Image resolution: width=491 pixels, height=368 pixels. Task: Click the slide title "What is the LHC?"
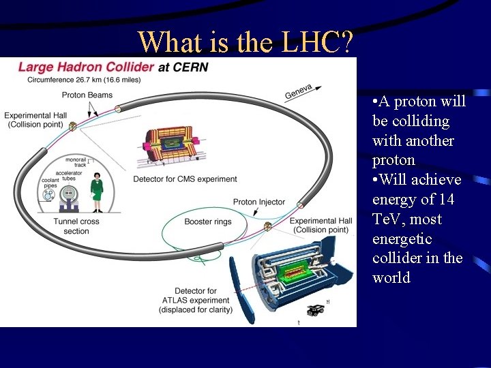point(245,42)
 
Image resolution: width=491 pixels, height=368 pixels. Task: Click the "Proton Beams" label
point(87,95)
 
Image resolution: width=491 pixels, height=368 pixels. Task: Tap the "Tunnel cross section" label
point(76,226)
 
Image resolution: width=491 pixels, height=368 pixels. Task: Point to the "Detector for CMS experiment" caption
point(185,179)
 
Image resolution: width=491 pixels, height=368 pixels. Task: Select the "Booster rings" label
point(208,221)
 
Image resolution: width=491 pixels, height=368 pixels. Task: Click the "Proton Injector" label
point(259,202)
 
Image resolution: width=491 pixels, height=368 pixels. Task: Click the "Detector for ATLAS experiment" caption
point(196,301)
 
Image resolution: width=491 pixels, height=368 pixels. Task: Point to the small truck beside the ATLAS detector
point(314,310)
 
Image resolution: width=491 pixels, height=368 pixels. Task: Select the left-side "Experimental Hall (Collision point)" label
point(34,119)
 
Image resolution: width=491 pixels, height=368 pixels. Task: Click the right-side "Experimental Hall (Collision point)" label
point(321,225)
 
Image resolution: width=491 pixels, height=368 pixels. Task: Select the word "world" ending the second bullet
point(391,278)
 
